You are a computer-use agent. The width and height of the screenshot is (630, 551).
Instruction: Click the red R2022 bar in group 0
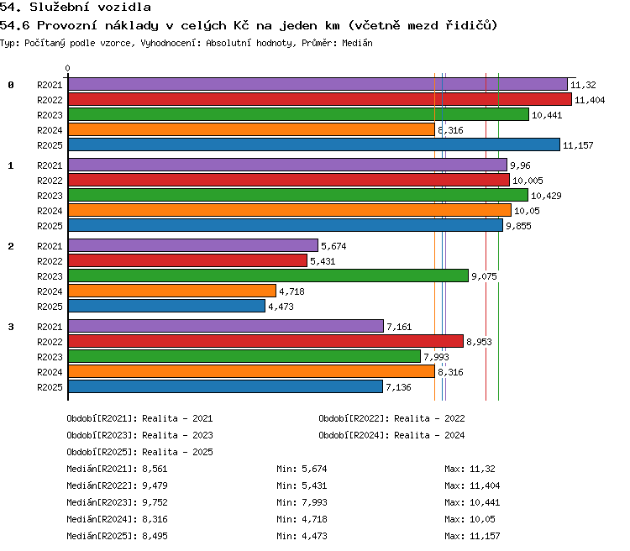pos(320,99)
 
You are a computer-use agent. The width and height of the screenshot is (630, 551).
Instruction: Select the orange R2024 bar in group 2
pos(172,291)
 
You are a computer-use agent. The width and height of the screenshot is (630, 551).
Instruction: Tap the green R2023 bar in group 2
pos(269,275)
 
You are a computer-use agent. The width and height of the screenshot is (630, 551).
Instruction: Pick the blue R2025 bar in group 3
pos(225,386)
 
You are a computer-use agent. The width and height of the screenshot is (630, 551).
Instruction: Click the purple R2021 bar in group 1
pos(287,165)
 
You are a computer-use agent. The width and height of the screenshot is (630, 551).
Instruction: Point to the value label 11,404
pos(590,100)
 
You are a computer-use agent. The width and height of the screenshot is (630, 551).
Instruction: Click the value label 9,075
pos(484,276)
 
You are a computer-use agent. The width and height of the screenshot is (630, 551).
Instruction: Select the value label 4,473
pos(281,307)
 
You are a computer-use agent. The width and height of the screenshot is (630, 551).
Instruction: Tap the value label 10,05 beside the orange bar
pos(527,211)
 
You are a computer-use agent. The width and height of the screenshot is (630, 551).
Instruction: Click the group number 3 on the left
pos(11,327)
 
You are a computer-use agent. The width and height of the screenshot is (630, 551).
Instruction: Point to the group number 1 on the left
pos(11,165)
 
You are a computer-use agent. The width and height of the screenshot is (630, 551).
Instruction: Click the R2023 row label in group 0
pos(50,115)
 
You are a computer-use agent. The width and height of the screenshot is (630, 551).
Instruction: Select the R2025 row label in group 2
pos(50,307)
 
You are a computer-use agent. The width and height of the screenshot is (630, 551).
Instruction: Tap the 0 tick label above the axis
pos(67,68)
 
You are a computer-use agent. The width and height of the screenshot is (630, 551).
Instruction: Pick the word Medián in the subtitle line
pos(357,43)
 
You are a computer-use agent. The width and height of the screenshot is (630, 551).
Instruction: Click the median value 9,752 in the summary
pos(155,502)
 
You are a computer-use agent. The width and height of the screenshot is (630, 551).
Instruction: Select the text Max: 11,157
pos(472,536)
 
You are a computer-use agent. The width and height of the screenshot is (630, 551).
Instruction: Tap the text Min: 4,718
pos(302,519)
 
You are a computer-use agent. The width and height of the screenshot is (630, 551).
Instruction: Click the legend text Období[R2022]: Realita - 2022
pos(391,418)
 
